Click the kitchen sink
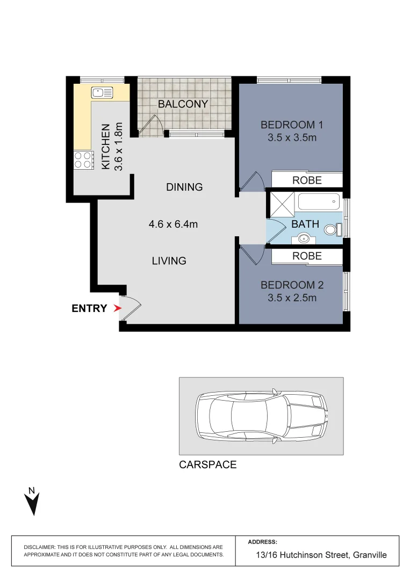pos(102,92)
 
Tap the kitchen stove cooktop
pos(83,160)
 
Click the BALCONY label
pos(183,104)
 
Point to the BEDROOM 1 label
pos(291,125)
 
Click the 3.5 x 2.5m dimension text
pos(292,298)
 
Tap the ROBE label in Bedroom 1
pos(307,180)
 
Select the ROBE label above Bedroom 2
pos(307,257)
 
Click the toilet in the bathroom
pos(332,230)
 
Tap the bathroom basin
pos(305,237)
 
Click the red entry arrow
pos(118,308)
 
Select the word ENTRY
pos(89,308)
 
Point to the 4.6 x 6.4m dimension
pos(173,224)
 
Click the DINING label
pos(184,187)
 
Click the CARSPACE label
pos(207,465)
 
